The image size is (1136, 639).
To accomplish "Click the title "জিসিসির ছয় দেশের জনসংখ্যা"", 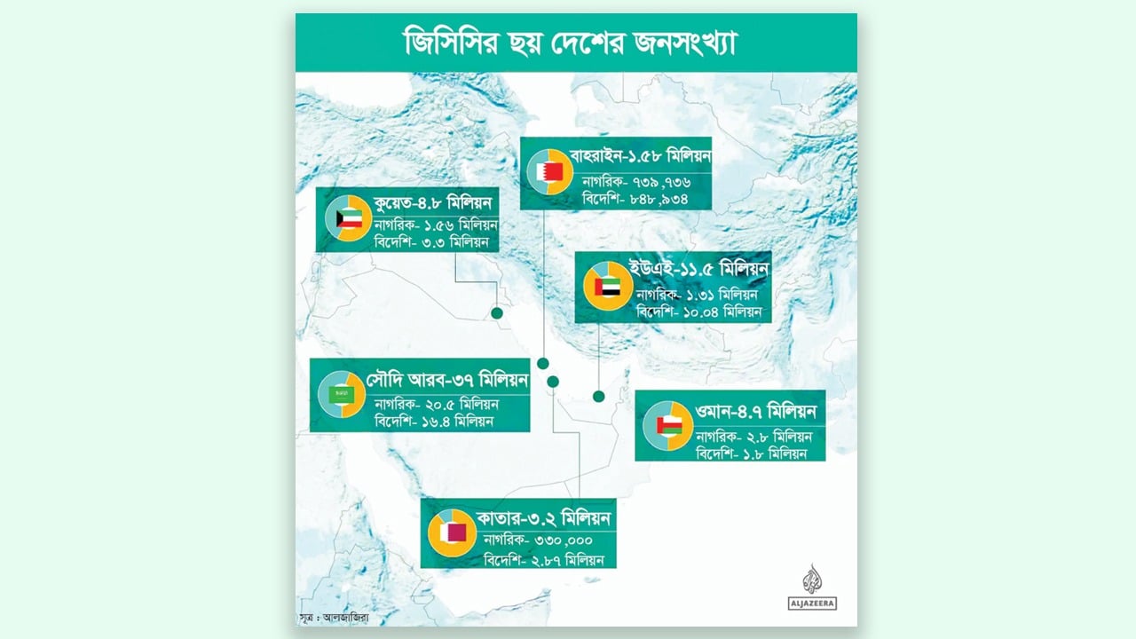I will pos(575,43).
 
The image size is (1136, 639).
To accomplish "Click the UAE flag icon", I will pos(608,287).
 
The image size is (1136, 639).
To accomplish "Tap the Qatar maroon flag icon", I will pos(454,532).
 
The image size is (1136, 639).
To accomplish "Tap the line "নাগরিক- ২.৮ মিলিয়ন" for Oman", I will pos(753,437).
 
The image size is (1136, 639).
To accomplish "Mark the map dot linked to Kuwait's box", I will pos(497,312).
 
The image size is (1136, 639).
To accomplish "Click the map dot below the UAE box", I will pos(599,396).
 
